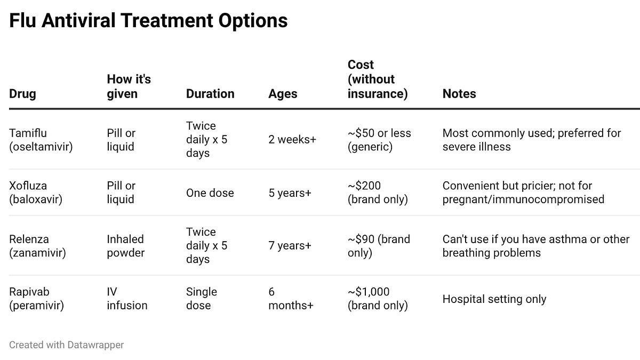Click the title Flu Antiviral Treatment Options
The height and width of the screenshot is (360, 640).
(148, 21)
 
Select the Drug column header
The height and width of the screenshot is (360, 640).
(22, 94)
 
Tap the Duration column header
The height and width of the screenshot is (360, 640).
(210, 94)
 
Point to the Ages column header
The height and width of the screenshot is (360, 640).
(283, 94)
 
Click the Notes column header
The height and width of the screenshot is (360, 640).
(459, 94)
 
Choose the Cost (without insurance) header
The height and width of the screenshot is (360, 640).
(378, 79)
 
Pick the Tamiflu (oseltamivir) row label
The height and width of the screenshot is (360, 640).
(41, 140)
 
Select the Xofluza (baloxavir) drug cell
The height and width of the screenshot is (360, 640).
(36, 193)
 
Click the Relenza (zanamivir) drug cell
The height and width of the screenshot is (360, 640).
(37, 246)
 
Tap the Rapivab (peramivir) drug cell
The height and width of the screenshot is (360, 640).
(36, 299)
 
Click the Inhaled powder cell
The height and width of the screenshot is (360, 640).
(125, 246)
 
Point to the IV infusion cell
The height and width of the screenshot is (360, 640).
(127, 299)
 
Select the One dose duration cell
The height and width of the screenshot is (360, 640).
(210, 193)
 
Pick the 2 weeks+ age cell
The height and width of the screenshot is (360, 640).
(292, 140)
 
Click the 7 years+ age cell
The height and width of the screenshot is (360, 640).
(290, 246)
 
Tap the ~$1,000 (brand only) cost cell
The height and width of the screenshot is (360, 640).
(377, 299)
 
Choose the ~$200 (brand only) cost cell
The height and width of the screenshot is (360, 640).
(377, 193)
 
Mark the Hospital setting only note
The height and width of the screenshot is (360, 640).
(494, 299)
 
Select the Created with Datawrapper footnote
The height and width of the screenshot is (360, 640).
(66, 345)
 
